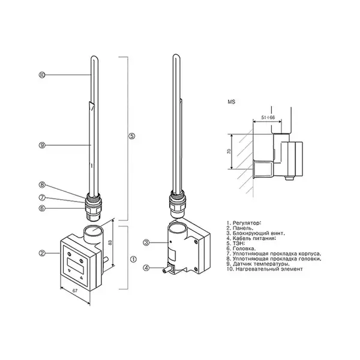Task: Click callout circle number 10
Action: pos(42,75)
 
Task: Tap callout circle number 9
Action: pos(42,145)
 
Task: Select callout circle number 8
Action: pos(42,185)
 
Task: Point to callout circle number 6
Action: pos(42,208)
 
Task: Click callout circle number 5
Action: pos(131,136)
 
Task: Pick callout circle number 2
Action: pos(42,253)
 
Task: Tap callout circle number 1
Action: pos(133,259)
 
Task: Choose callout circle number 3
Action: pos(146,242)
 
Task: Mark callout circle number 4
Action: pos(146,268)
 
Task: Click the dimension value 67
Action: pos(75,290)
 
